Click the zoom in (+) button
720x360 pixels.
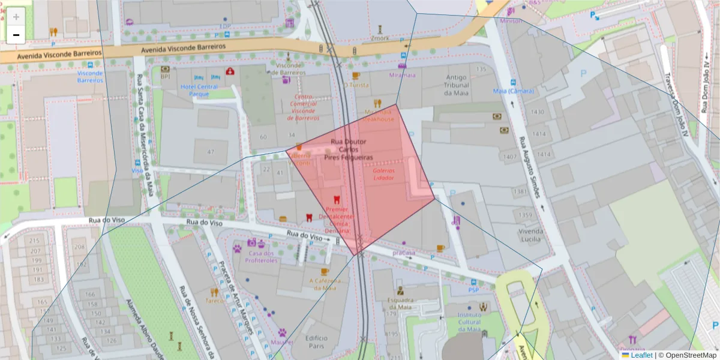[16, 17]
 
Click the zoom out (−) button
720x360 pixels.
[16, 35]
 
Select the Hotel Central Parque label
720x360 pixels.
[199, 90]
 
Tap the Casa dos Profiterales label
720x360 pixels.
[260, 256]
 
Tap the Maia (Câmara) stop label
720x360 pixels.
[513, 91]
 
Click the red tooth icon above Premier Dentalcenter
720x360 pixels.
[337, 199]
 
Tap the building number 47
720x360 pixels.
[211, 152]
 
